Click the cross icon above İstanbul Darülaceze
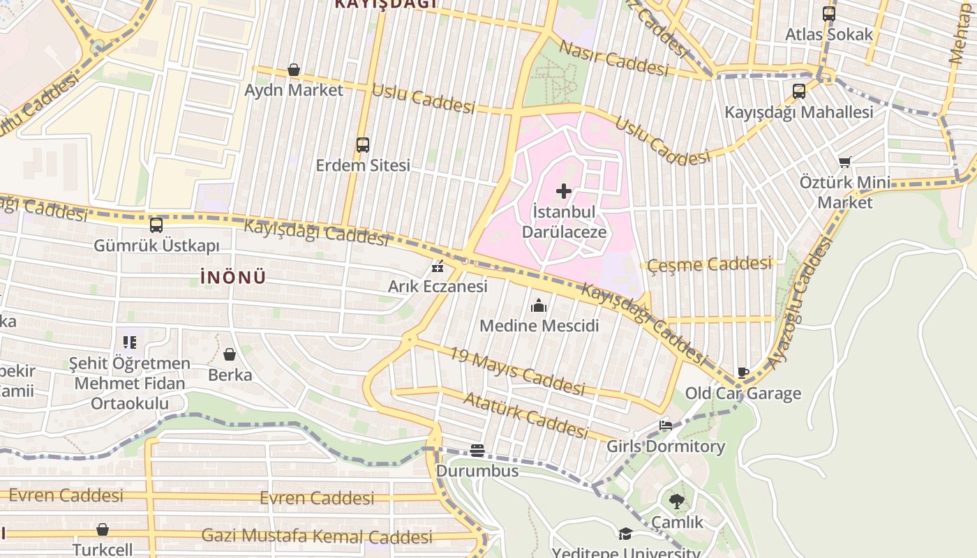pos(564,190)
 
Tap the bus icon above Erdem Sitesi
pos(362,145)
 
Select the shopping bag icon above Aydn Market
pos(294,70)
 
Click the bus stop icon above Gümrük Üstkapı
pos(156,225)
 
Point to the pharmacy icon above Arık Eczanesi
pos(438,266)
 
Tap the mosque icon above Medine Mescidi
pos(539,306)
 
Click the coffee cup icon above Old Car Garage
pos(743,373)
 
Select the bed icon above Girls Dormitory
pos(666,425)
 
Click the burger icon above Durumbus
pos(477,451)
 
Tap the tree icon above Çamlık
pos(676,501)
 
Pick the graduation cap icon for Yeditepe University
pos(625,534)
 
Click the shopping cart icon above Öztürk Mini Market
pos(845,163)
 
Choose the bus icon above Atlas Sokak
pos(828,13)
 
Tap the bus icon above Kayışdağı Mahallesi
pos(799,91)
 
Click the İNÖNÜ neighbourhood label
pos(233,278)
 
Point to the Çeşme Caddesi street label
pos(710,264)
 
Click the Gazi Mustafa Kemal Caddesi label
pos(317,536)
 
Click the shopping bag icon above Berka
pos(230,355)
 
